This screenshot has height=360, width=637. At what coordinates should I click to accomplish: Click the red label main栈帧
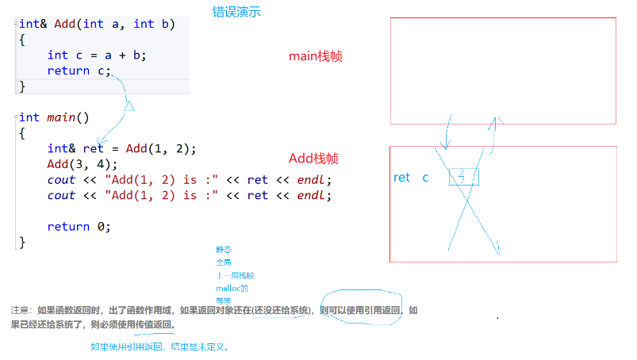tap(315, 56)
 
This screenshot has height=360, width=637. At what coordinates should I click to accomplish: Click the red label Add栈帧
tap(313, 159)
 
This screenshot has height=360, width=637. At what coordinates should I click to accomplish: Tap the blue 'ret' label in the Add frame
tap(402, 178)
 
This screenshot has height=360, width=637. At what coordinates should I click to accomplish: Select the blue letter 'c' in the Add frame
tap(425, 178)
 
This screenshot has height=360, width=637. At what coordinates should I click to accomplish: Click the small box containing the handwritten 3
tap(463, 177)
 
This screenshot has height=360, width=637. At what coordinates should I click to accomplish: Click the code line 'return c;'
tap(79, 71)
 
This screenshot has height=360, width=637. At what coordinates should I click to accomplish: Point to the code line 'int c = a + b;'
tap(97, 55)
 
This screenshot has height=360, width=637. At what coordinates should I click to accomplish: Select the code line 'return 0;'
tap(79, 226)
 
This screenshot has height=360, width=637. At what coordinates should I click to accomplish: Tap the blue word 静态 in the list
tap(223, 249)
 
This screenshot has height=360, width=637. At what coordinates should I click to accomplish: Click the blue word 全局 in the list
tap(223, 262)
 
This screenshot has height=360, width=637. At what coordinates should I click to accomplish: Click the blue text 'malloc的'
tap(232, 288)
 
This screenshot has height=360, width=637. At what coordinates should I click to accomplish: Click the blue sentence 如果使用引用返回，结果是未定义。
tap(159, 347)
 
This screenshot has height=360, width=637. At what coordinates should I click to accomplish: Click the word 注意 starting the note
tap(21, 310)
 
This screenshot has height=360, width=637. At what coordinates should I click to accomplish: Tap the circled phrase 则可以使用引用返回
tap(361, 310)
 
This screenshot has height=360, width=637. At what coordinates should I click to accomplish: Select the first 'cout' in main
tap(61, 179)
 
